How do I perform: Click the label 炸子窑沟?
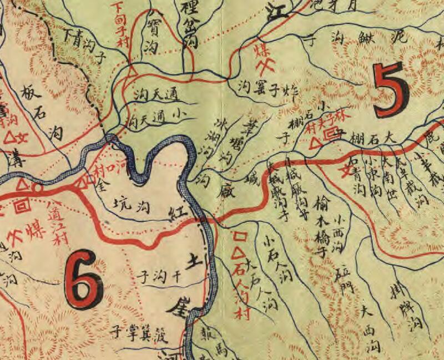(267, 85)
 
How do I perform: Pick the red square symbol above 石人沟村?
(240, 236)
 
